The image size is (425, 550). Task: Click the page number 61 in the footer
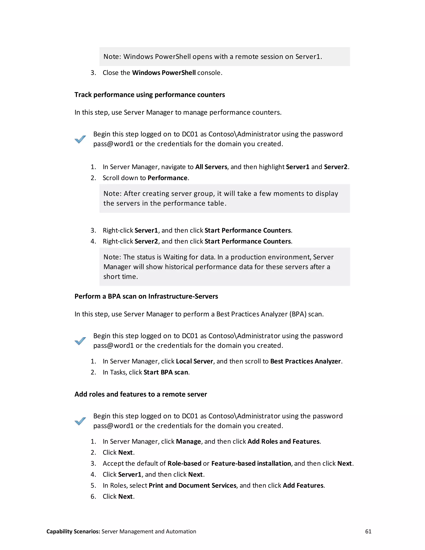point(368,531)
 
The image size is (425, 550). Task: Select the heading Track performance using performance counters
point(150,95)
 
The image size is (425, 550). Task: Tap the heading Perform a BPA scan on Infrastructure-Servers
point(146,296)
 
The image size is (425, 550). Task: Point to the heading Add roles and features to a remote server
point(140,394)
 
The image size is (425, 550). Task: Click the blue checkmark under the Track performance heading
point(80,139)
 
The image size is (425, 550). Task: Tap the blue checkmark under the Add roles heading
point(80,421)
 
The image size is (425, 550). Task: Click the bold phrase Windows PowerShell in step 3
point(164,73)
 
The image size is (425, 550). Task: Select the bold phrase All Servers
point(211,167)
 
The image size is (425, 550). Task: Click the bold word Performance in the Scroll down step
point(167,178)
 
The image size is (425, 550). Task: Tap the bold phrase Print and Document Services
point(192,485)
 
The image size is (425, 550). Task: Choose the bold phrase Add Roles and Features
point(283,441)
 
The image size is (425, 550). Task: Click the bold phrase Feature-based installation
point(251,464)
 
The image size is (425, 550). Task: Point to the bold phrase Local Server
point(194,361)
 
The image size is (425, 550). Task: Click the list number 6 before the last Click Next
point(93,497)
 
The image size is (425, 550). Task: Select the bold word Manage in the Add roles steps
point(188,441)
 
